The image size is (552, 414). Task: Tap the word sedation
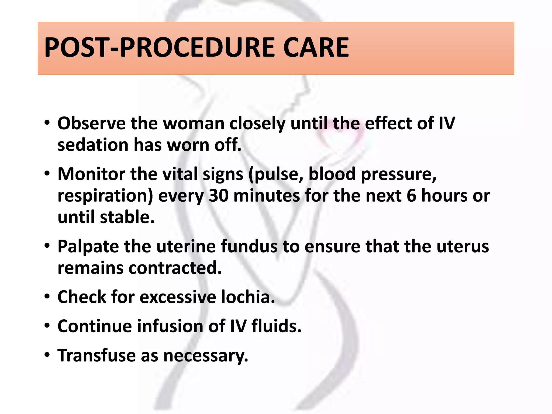pyautogui.click(x=93, y=145)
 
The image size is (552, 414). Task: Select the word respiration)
pyautogui.click(x=105, y=196)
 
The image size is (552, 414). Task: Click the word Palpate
pyautogui.click(x=88, y=246)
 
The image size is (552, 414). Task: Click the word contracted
pyautogui.click(x=175, y=268)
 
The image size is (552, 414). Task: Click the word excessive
pyautogui.click(x=178, y=297)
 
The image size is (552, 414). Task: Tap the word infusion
pyautogui.click(x=171, y=326)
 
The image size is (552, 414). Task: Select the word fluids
pyautogui.click(x=277, y=326)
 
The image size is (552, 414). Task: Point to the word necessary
pyautogui.click(x=206, y=356)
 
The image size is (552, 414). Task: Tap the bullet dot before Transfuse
pyautogui.click(x=47, y=355)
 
